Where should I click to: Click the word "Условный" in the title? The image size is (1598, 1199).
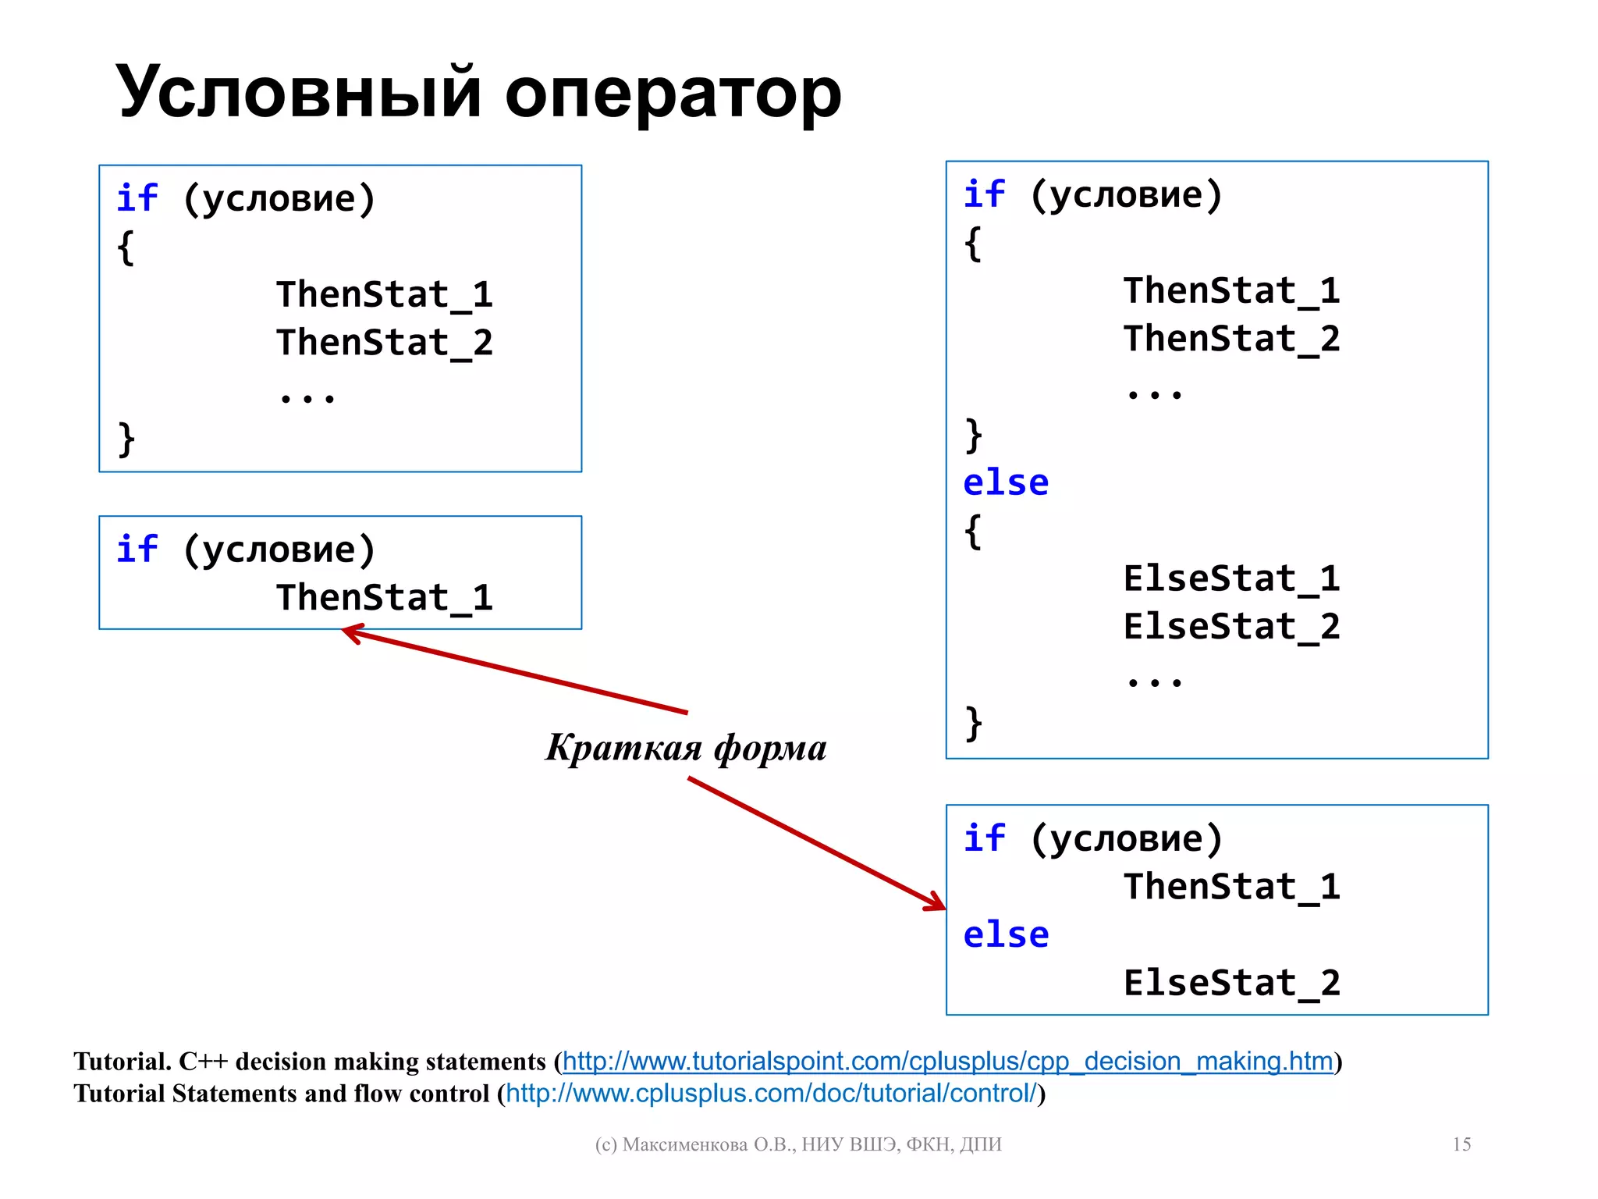coord(299,92)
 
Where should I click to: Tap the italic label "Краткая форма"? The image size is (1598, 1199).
coord(686,747)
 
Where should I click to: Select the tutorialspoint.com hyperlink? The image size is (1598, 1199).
coord(947,1061)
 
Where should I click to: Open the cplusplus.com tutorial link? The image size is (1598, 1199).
coord(772,1093)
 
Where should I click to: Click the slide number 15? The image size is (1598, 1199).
coord(1461,1144)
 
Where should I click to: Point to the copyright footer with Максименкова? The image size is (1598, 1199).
coord(797,1144)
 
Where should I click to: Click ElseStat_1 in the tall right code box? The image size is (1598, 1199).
coord(1231,578)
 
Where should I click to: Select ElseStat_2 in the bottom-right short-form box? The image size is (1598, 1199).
coord(1231,982)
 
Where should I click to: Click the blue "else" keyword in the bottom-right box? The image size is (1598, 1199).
coord(1006,934)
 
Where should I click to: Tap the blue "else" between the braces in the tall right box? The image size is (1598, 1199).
coord(1006,482)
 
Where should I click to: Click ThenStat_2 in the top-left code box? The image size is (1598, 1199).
coord(384,342)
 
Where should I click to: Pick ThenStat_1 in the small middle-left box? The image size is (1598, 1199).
coord(384,597)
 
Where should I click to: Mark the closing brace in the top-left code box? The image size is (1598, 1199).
coord(126,439)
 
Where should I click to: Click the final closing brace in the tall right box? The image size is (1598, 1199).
coord(973,724)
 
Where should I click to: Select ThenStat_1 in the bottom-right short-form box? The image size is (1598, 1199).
coord(1231,886)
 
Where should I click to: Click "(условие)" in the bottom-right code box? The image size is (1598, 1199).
coord(1126,838)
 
